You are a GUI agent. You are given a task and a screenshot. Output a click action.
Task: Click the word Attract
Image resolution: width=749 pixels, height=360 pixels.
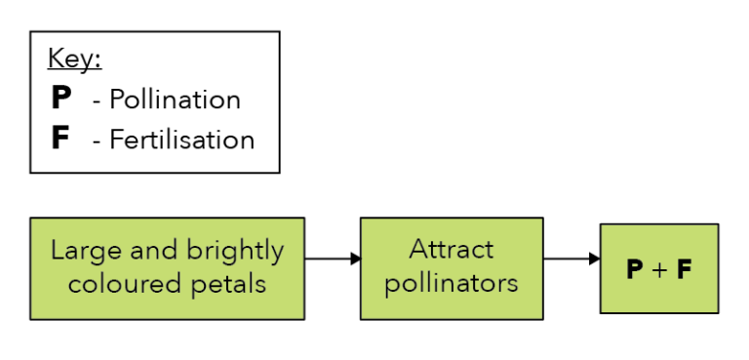[451, 250]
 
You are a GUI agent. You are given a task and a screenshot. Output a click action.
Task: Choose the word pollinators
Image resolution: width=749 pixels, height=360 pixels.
[451, 284]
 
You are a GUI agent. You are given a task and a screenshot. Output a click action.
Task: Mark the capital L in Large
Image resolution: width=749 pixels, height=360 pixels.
[58, 252]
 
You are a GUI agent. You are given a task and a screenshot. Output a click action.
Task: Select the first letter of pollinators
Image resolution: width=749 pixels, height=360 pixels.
[391, 286]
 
